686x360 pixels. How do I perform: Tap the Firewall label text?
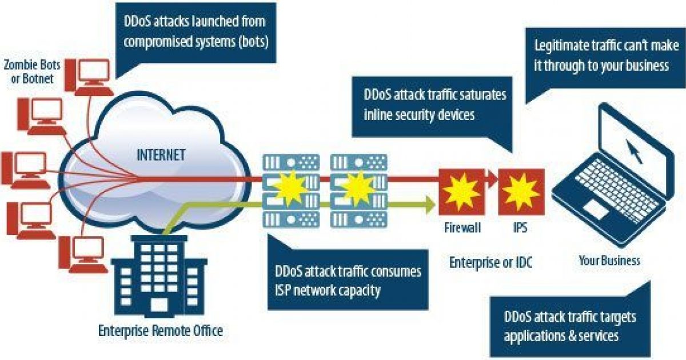462,228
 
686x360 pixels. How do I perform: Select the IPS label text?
520,228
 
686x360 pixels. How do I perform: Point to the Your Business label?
609,261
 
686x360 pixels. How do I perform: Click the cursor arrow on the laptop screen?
633,150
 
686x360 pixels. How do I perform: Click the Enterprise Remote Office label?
160,330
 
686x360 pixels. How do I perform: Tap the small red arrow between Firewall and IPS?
491,179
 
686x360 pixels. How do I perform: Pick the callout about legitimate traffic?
600,55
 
